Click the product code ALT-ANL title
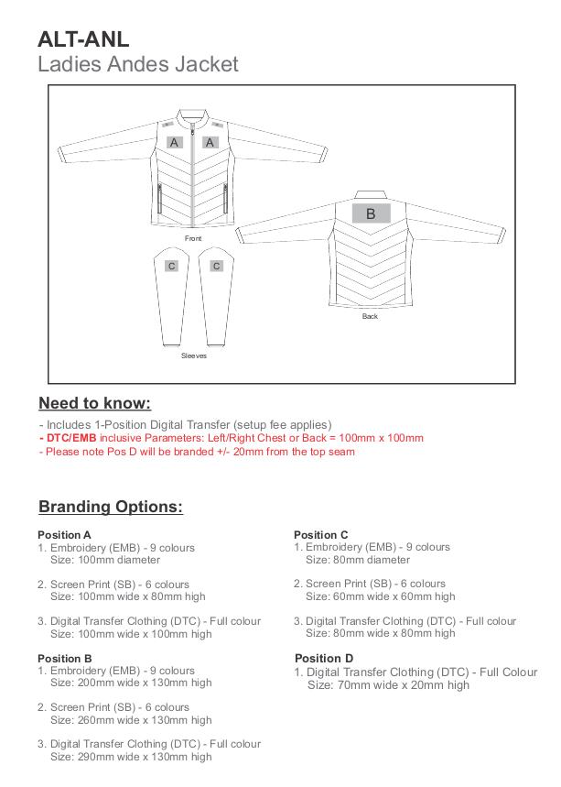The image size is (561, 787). tap(83, 38)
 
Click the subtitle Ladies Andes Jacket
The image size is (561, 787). tap(138, 64)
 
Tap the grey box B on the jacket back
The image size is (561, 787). tap(371, 213)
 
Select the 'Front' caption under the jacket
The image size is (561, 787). tap(192, 238)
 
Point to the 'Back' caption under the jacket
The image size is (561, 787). tap(370, 316)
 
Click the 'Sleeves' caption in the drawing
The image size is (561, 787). tap(193, 355)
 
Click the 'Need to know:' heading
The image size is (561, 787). tap(94, 403)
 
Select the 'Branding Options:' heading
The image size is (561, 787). tap(110, 507)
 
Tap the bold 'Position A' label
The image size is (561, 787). tap(64, 535)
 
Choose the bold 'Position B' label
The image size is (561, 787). tap(64, 658)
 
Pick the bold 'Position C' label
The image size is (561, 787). tap(320, 535)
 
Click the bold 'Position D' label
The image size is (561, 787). tap(323, 658)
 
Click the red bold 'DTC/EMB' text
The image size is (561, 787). tap(70, 438)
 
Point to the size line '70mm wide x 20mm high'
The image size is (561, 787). tap(388, 684)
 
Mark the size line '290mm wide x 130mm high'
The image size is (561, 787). tap(131, 757)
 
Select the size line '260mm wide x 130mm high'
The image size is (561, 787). tap(131, 720)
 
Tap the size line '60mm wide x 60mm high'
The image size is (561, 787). tap(380, 596)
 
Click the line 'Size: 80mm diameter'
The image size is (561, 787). tap(358, 560)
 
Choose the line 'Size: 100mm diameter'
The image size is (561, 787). tap(105, 560)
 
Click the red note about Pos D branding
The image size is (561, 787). tap(197, 452)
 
